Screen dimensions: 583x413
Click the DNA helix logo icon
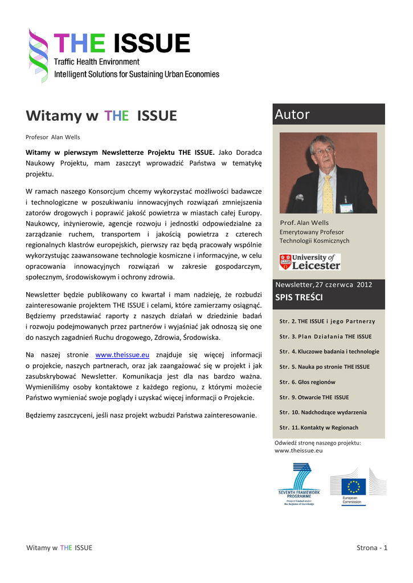coord(39,55)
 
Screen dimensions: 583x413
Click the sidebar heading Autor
coord(292,114)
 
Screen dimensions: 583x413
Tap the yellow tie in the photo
coord(328,194)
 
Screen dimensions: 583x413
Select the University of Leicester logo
coord(309,262)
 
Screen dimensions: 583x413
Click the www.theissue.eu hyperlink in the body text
coord(122,355)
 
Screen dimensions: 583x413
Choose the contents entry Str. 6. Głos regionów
coord(308,382)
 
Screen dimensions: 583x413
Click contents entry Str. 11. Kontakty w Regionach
coord(319,428)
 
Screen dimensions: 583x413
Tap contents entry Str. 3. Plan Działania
coord(325,336)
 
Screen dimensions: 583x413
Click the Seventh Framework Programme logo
coord(299,484)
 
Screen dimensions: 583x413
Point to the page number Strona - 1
coord(372,548)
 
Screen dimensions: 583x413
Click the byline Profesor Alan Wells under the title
coord(53,137)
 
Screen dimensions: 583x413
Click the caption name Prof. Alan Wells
coord(304,223)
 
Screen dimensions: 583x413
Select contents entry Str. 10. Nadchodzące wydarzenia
coord(323,412)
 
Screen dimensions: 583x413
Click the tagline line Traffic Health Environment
coord(96,61)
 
